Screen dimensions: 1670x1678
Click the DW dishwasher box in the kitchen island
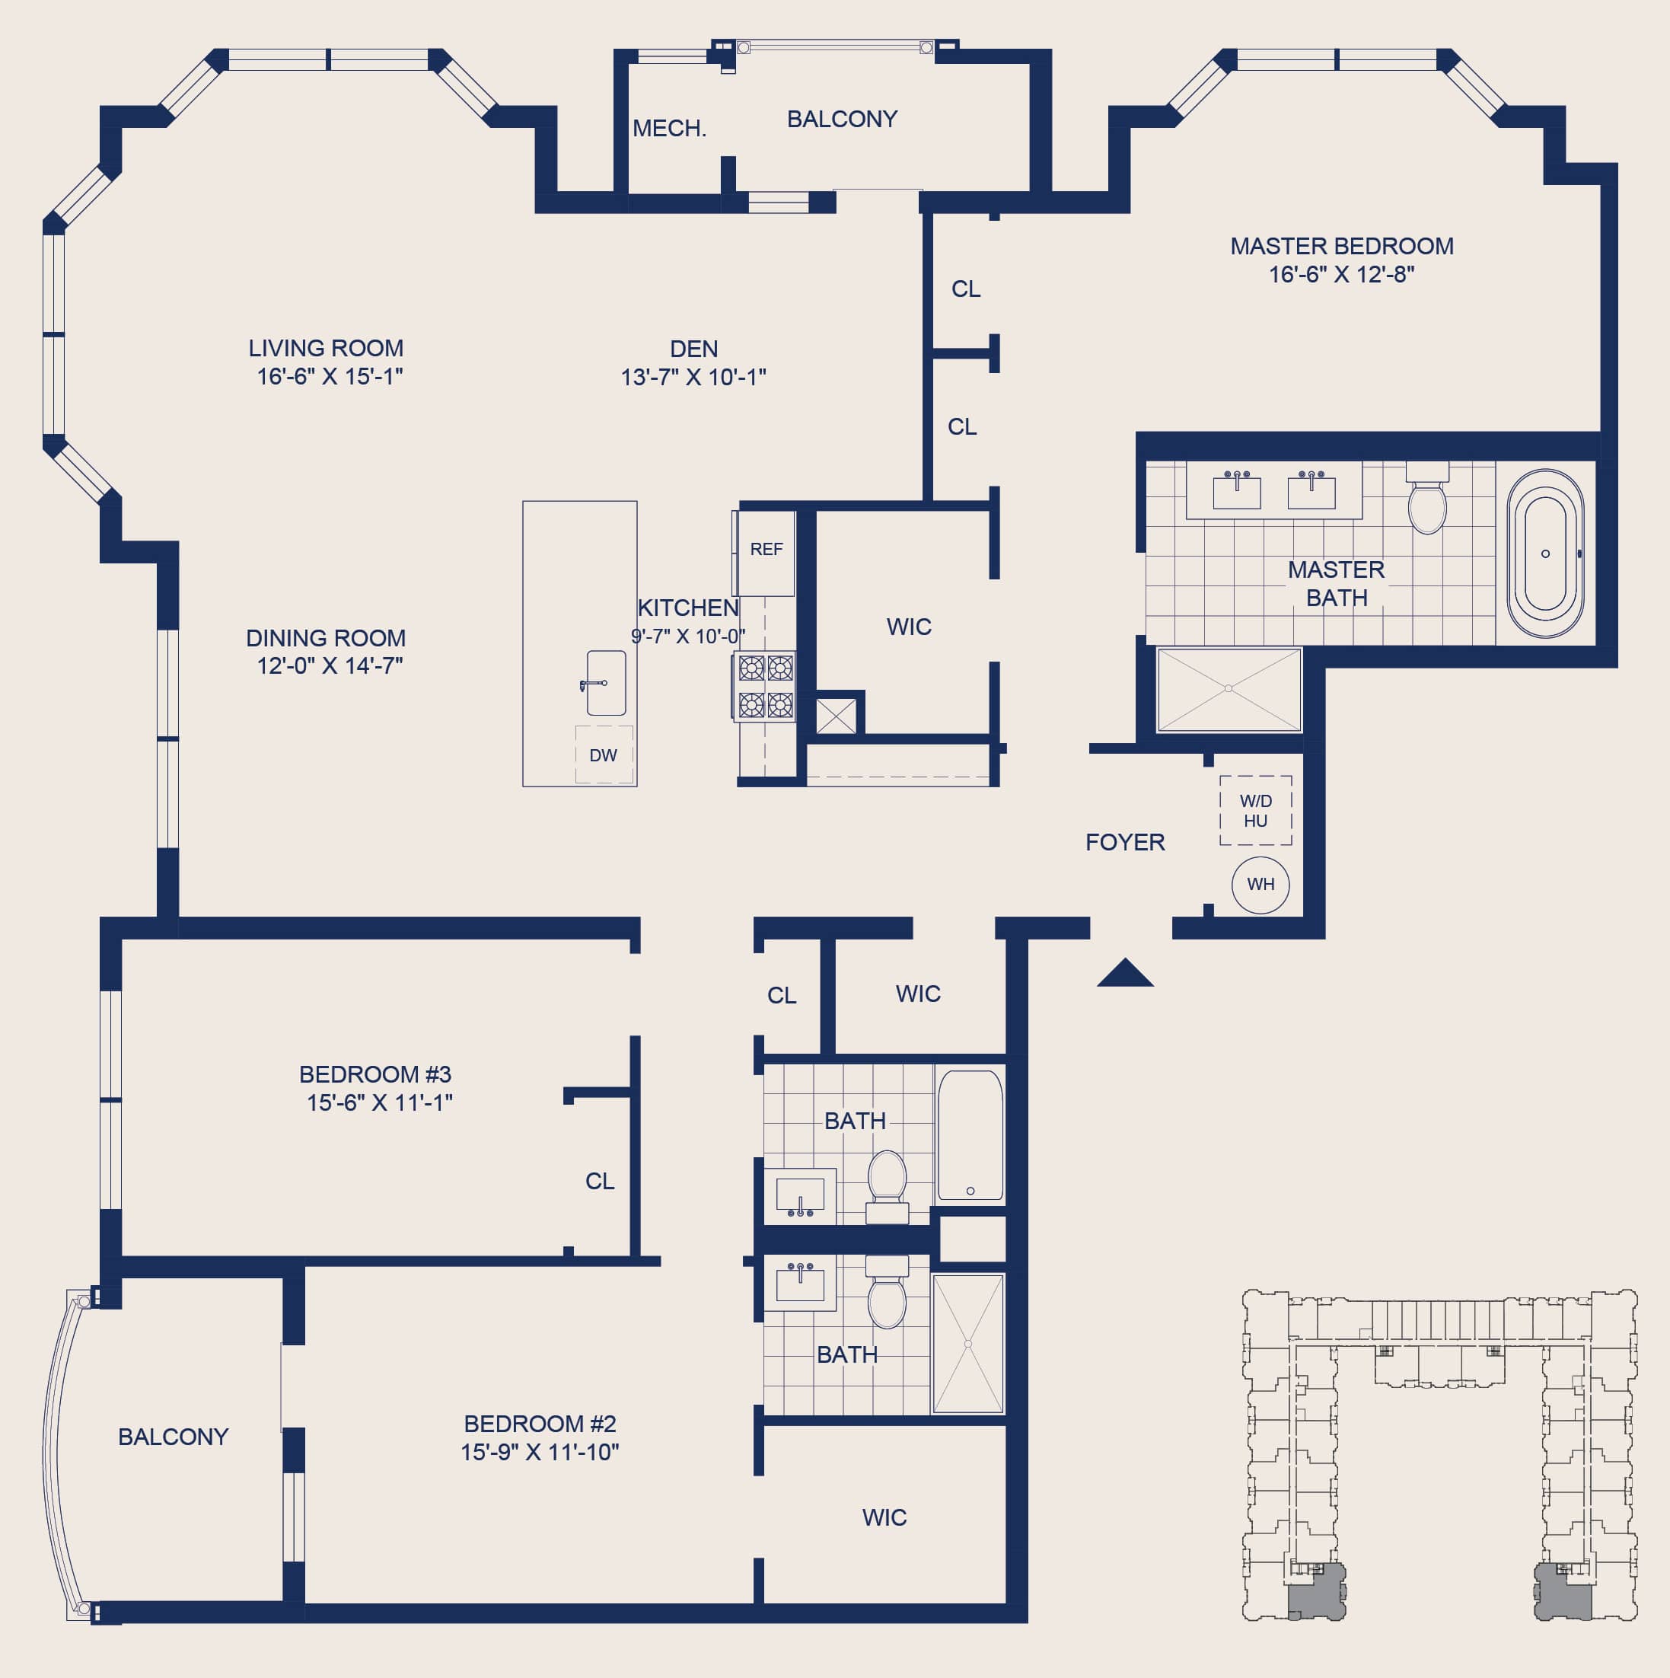point(604,754)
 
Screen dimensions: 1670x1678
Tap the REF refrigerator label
point(766,549)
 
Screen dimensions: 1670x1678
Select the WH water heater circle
point(1260,884)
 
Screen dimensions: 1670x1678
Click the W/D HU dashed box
point(1256,810)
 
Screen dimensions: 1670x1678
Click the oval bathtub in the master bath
point(1545,554)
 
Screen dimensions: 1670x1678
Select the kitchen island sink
point(605,683)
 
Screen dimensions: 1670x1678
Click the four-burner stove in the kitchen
point(765,687)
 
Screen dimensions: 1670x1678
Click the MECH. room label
point(670,129)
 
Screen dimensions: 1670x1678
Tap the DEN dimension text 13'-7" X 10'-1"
point(693,377)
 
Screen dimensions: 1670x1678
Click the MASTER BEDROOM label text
point(1342,246)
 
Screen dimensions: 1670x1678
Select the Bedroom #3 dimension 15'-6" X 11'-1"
point(380,1102)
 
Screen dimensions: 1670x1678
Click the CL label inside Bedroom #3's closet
point(599,1180)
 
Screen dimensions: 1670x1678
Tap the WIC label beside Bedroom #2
point(884,1517)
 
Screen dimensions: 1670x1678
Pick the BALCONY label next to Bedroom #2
point(173,1436)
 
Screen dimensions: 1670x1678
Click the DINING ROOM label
point(326,637)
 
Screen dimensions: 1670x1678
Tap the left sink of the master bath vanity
point(1236,491)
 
